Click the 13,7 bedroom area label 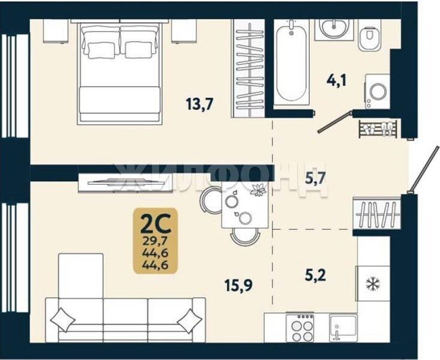click(200, 104)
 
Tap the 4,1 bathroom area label click(337, 80)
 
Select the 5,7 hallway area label click(316, 178)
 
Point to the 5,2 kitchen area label click(316, 275)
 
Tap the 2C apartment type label click(155, 224)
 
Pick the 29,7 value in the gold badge click(155, 241)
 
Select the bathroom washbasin click(334, 28)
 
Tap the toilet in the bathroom click(370, 38)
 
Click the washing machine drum click(378, 91)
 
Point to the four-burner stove click(300, 328)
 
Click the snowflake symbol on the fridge click(373, 283)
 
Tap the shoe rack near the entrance click(378, 129)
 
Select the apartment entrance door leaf click(424, 169)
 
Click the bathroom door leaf click(334, 122)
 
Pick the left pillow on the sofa click(62, 320)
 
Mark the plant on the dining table click(258, 190)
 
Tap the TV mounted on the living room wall click(125, 182)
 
